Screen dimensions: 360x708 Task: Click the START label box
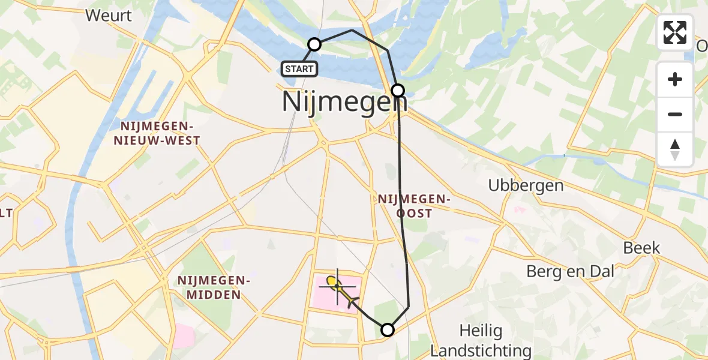click(299, 69)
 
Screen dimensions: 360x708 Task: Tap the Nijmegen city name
click(344, 101)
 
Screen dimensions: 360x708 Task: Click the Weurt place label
click(109, 15)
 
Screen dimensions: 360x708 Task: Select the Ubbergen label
click(526, 185)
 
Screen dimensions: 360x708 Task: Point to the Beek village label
click(641, 248)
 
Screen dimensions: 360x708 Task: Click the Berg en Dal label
click(570, 271)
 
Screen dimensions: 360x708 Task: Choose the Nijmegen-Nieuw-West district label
click(160, 133)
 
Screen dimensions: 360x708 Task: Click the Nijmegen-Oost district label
click(414, 205)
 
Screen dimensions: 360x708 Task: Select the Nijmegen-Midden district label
click(213, 287)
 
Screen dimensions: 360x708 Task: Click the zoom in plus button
click(675, 79)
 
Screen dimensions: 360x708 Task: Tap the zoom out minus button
click(675, 114)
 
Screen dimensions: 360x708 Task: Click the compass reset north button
click(675, 149)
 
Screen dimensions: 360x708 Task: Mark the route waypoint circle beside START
click(314, 44)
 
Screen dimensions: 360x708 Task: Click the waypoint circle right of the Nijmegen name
click(398, 91)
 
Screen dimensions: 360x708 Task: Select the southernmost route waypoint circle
click(388, 329)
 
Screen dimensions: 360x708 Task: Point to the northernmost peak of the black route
click(352, 30)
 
